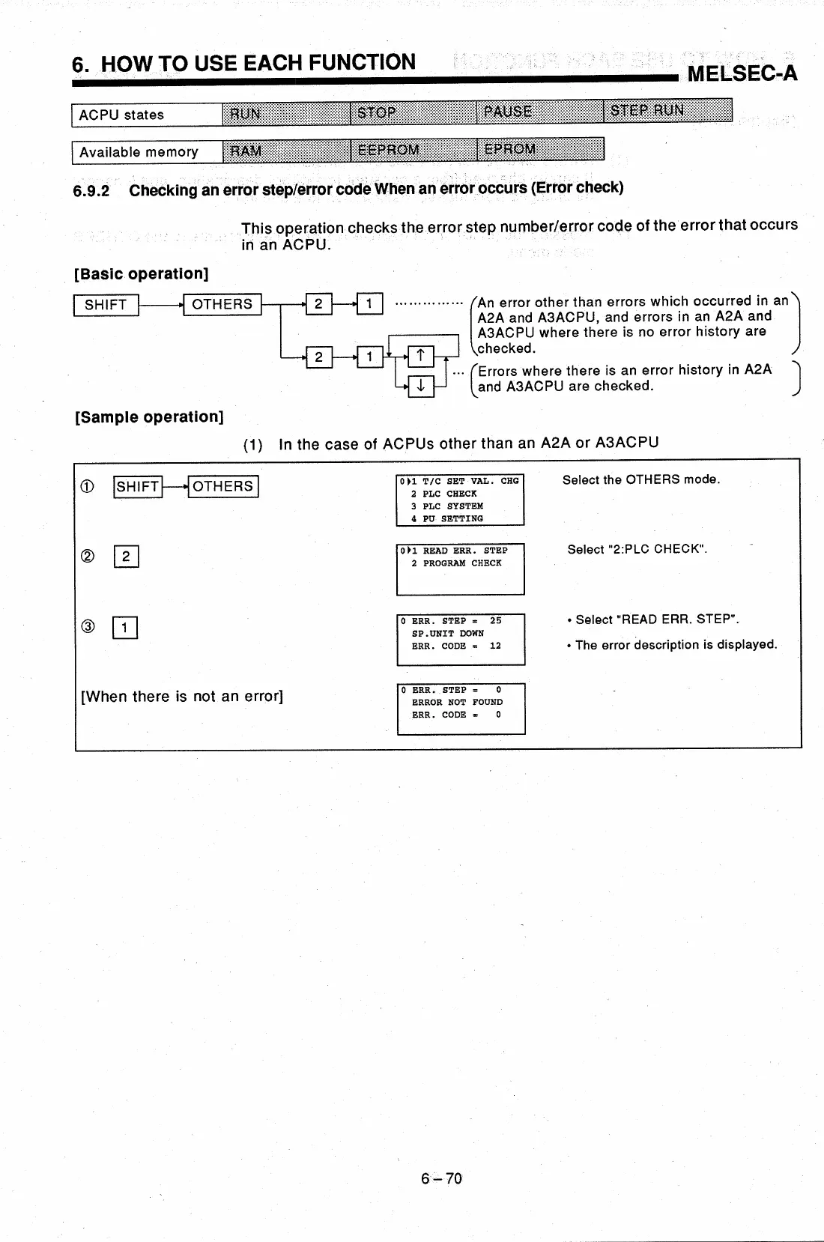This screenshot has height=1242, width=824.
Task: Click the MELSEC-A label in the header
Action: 742,73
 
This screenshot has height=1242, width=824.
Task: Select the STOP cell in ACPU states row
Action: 413,113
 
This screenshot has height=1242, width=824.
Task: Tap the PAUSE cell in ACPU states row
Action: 539,112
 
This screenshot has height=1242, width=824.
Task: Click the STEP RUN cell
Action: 667,111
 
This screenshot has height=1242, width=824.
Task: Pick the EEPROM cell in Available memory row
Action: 413,150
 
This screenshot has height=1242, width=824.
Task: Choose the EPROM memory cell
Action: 539,149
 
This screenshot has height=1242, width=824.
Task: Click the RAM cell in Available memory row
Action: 286,151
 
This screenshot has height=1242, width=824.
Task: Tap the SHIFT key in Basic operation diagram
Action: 106,305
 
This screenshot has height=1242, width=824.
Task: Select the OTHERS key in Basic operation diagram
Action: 222,304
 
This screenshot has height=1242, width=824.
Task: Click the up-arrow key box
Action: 421,356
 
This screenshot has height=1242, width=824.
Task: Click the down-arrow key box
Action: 421,387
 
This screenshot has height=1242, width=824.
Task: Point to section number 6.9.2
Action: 91,191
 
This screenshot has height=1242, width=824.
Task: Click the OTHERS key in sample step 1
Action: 222,487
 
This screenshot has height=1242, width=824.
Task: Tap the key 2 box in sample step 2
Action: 126,557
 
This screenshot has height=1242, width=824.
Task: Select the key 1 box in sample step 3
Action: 124,627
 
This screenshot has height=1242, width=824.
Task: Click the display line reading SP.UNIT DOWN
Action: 447,634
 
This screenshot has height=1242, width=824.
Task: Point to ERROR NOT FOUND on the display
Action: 457,703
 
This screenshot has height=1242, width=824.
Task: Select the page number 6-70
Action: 441,1179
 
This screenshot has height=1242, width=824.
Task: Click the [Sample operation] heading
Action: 149,417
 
